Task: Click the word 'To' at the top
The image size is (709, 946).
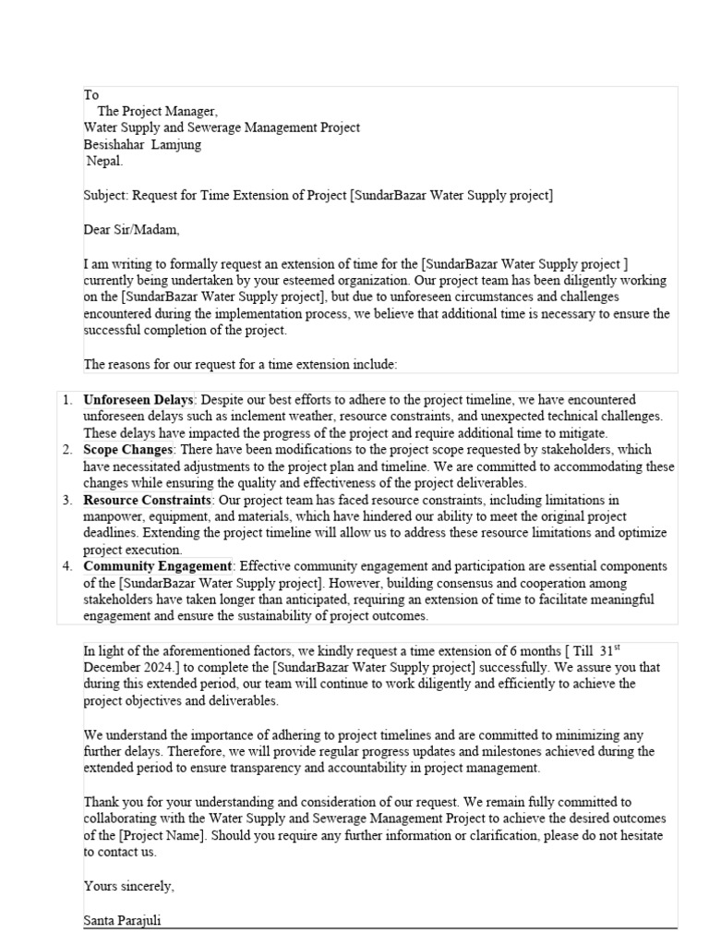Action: click(x=91, y=95)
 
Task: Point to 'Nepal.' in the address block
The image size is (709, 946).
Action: click(x=103, y=161)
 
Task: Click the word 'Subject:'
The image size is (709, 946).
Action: click(x=106, y=195)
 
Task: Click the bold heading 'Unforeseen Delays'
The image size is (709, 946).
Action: click(x=138, y=400)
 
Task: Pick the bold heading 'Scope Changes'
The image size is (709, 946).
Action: click(x=128, y=450)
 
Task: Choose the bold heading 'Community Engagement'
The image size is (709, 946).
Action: click(x=157, y=566)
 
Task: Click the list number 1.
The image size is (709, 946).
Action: click(x=66, y=400)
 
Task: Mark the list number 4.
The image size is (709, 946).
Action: click(x=66, y=566)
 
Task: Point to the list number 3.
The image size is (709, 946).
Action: click(x=66, y=500)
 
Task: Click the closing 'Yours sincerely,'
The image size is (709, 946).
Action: click(x=128, y=886)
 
